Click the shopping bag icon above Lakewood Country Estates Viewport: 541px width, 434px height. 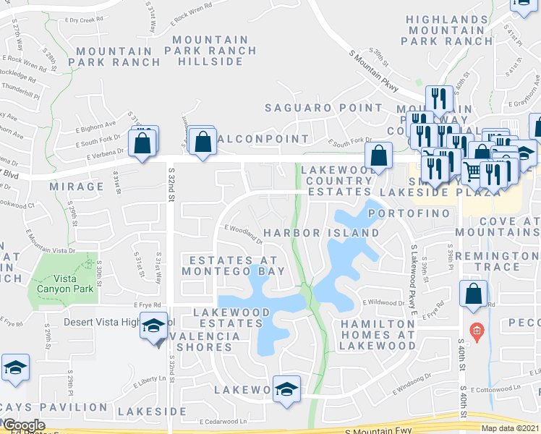(x=378, y=155)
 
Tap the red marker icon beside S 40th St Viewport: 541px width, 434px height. (x=475, y=331)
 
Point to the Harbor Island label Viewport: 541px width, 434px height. (x=321, y=233)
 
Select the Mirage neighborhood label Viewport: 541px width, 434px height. (x=77, y=187)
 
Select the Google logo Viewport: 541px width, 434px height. (x=23, y=425)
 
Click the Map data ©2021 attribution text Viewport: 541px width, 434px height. (x=511, y=428)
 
